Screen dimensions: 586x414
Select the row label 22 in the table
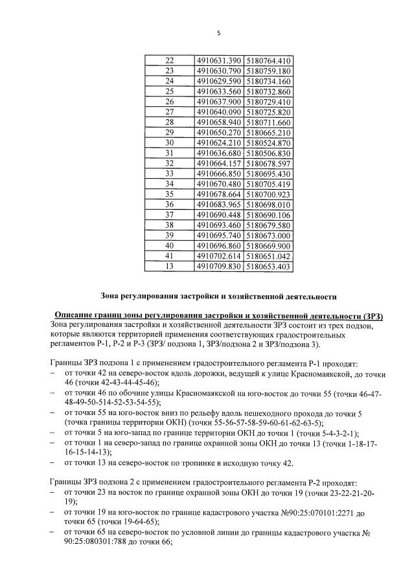(x=170, y=60)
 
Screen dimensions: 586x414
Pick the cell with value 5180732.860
(x=270, y=91)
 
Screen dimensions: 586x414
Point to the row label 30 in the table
(x=170, y=142)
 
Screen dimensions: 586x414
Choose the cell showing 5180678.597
(x=270, y=163)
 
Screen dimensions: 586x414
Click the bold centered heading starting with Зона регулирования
(x=218, y=297)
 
